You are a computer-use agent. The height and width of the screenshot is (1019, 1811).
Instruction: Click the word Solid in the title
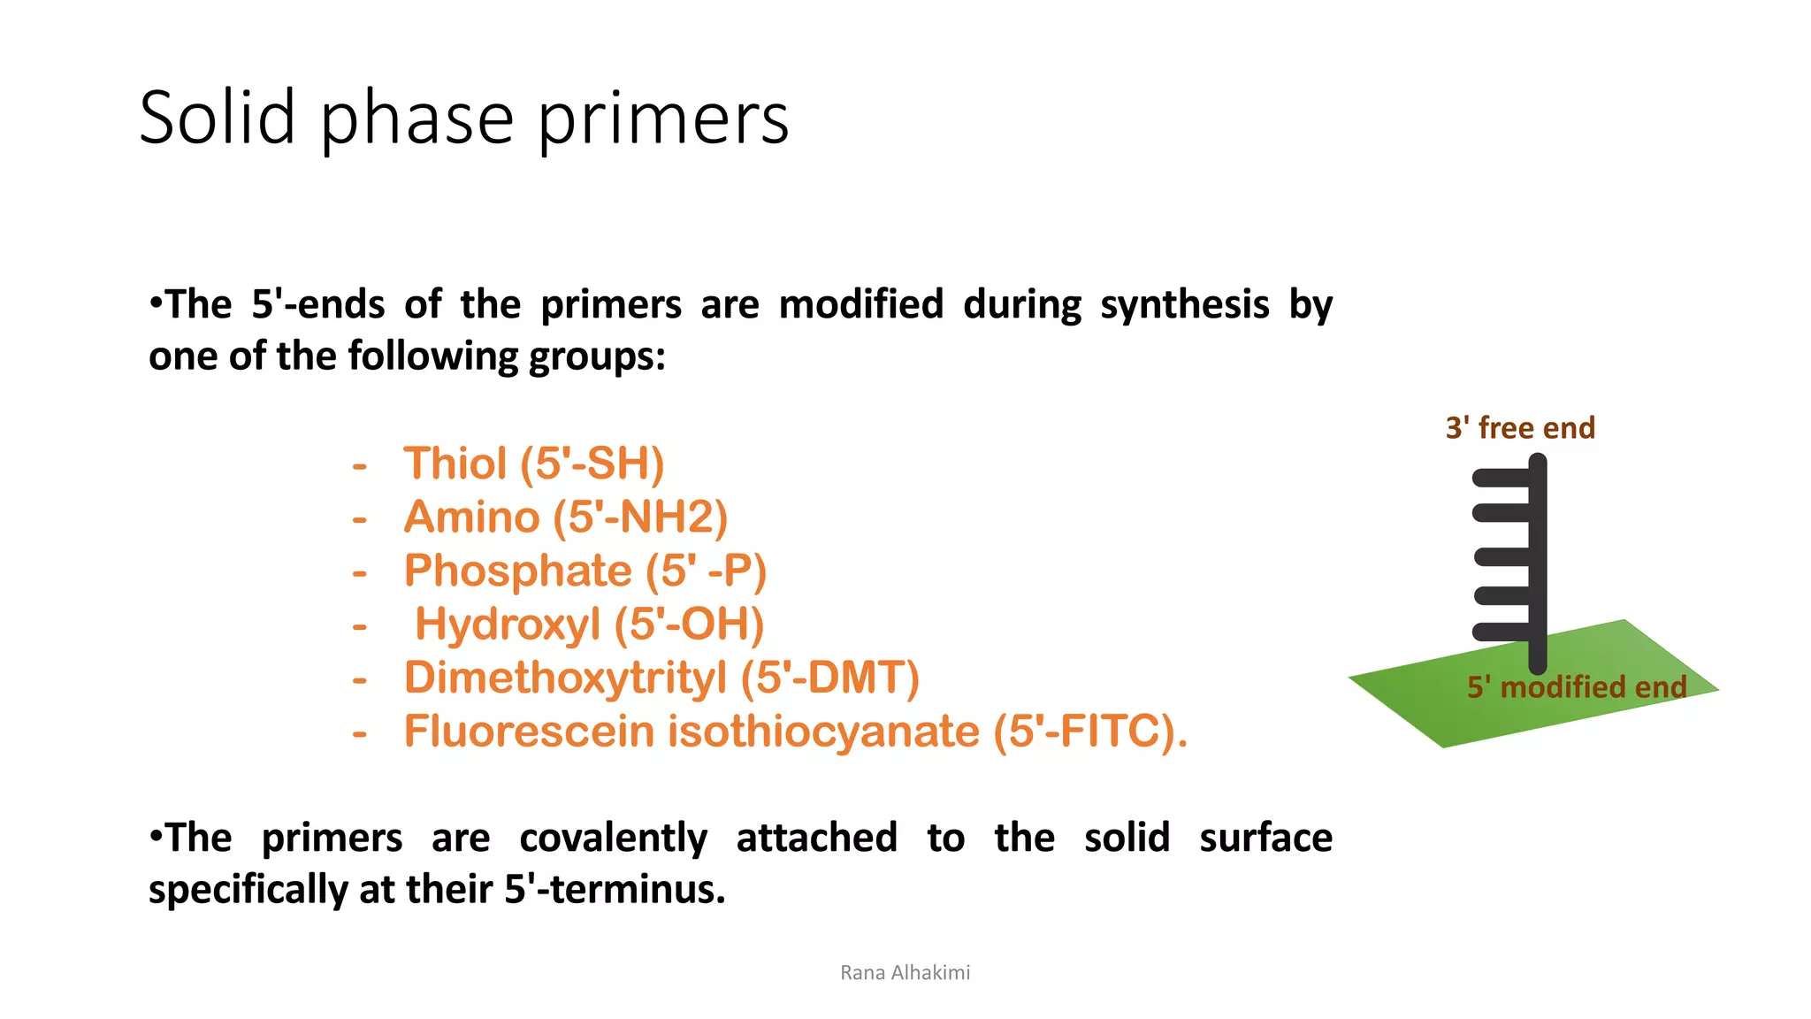218,118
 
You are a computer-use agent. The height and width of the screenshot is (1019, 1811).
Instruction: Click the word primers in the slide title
663,119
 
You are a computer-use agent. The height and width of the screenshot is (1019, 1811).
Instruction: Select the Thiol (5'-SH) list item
533,464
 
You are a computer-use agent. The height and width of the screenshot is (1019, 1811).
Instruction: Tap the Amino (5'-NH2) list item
565,517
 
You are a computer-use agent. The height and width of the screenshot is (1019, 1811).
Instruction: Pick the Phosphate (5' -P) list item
585,571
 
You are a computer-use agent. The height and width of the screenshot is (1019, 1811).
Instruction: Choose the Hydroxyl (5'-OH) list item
589,624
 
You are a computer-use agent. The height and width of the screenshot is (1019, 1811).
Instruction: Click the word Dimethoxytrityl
565,678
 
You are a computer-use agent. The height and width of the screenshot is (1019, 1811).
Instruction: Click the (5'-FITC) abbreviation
1089,732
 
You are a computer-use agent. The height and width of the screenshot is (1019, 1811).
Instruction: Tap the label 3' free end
1520,428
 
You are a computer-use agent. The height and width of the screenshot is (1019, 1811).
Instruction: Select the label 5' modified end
1577,687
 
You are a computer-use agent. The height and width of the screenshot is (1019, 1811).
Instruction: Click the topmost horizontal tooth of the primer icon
1501,478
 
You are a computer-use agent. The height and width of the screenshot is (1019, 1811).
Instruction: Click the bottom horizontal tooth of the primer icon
1501,632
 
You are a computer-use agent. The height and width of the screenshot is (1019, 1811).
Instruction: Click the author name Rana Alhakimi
905,973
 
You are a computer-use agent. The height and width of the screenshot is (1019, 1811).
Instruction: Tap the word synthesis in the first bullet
1185,305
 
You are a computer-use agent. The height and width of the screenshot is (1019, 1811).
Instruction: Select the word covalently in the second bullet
613,839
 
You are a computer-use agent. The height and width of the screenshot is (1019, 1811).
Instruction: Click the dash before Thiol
359,465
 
